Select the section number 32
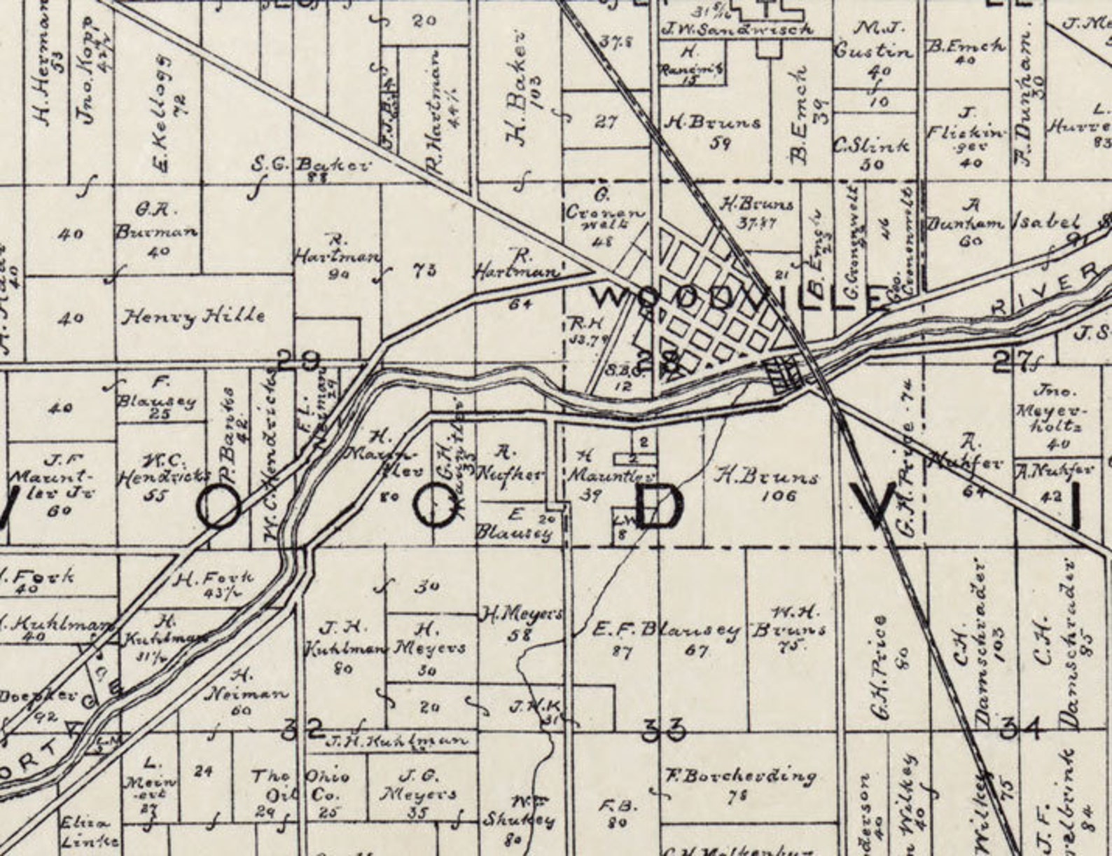pos(303,729)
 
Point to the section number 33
pos(663,731)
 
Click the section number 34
pos(1022,729)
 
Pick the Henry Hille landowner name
pos(194,317)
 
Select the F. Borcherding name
pos(742,776)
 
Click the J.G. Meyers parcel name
pos(418,785)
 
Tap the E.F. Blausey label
pos(666,630)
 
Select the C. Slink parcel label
pos(871,146)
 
